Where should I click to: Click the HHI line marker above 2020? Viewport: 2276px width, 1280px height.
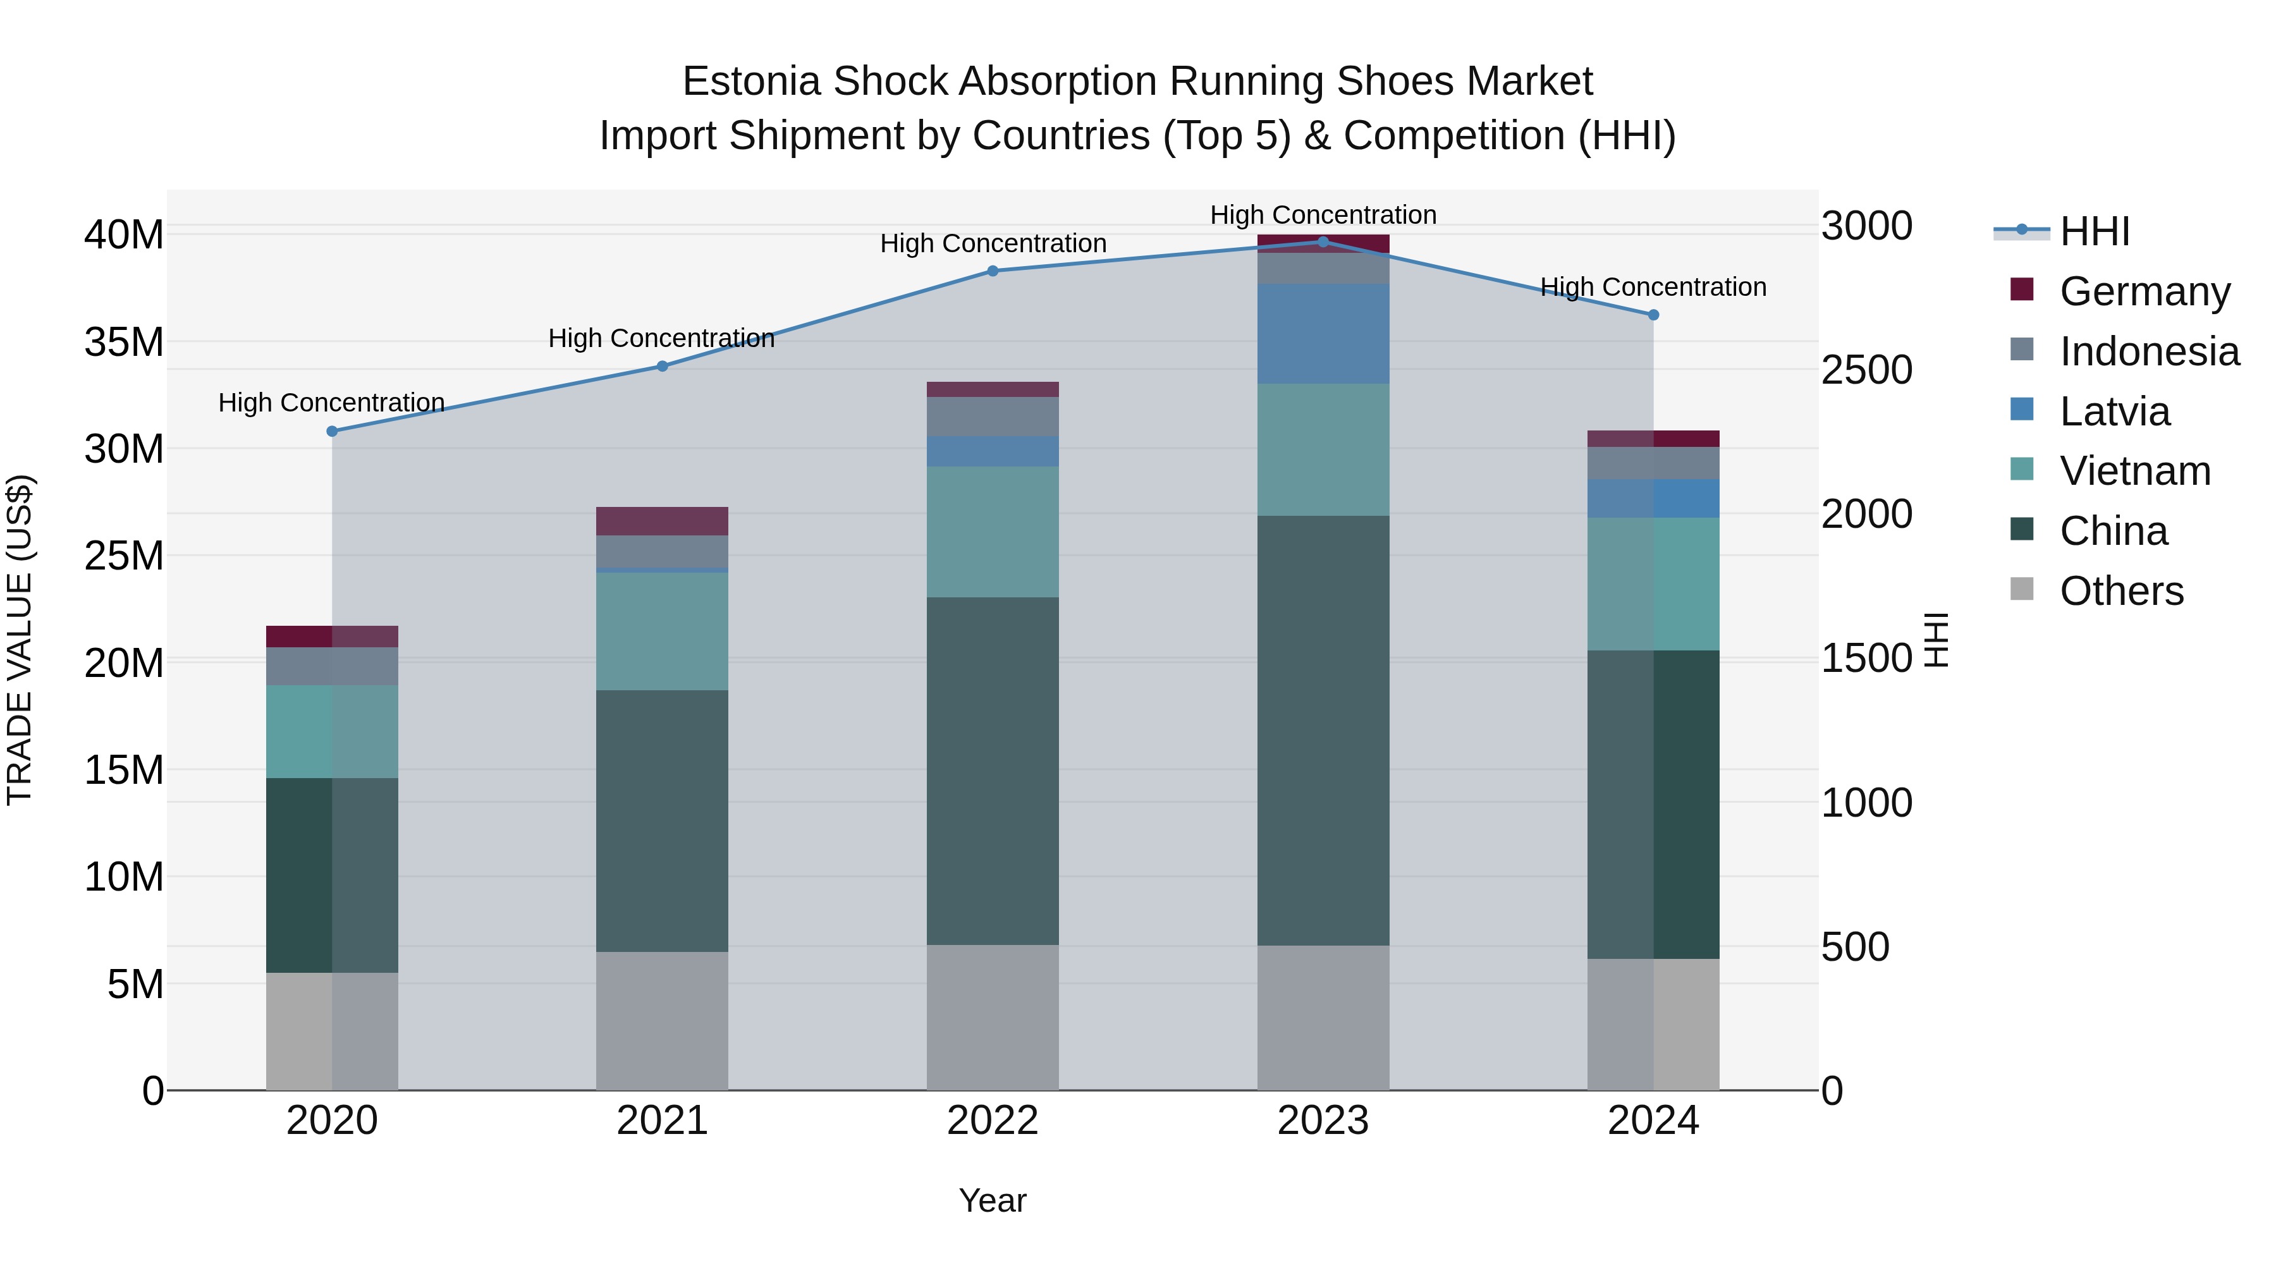[x=332, y=431]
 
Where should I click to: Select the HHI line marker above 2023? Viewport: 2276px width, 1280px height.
[x=1323, y=241]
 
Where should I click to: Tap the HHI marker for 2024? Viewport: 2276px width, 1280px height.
[x=1653, y=315]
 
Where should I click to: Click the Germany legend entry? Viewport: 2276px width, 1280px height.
[x=2144, y=291]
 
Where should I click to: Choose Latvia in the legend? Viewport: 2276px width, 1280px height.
[x=2114, y=411]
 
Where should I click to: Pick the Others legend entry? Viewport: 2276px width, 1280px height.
[x=2120, y=590]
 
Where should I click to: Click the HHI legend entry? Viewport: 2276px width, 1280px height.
[x=2094, y=231]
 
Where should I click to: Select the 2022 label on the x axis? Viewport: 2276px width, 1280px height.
[x=992, y=1121]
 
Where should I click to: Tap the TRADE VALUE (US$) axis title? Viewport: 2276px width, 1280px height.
[x=20, y=640]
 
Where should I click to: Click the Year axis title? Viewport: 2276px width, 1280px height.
[x=992, y=1200]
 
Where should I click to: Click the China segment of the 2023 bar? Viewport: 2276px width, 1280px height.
[x=1323, y=731]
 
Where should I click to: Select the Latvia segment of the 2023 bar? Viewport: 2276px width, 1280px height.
[x=1323, y=334]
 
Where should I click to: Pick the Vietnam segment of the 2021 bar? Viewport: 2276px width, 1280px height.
[x=662, y=631]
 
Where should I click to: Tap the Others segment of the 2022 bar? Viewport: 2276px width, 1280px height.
[x=992, y=1017]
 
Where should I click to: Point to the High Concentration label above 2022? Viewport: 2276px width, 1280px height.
[x=992, y=244]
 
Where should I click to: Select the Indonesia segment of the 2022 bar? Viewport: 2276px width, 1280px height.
[x=992, y=416]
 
